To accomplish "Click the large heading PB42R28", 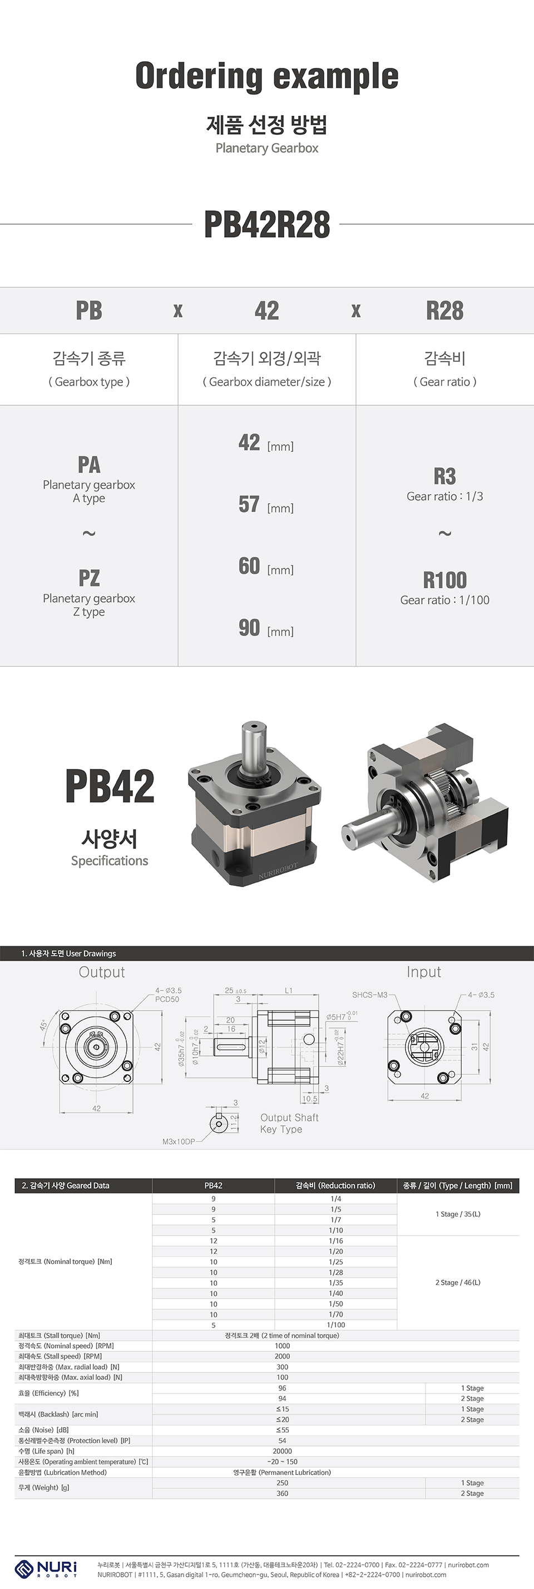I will coord(266,224).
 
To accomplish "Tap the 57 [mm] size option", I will coord(265,505).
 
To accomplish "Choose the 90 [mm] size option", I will coord(265,628).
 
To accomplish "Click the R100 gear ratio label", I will coord(444,580).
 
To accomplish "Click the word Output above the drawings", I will coord(102,972).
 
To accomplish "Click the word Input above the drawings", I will coord(424,972).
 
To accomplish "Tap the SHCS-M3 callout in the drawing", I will coord(369,995).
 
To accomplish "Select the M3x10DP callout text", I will coord(178,1142).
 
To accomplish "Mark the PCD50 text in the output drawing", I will coord(167,999).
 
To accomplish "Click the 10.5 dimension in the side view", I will coord(309,1099).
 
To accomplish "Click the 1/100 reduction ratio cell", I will coord(335,1325).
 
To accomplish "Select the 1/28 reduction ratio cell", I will coord(335,1272).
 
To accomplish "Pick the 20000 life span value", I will coord(282,1452).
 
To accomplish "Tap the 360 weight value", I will coord(282,1493).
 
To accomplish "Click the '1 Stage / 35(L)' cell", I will coord(458,1214).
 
